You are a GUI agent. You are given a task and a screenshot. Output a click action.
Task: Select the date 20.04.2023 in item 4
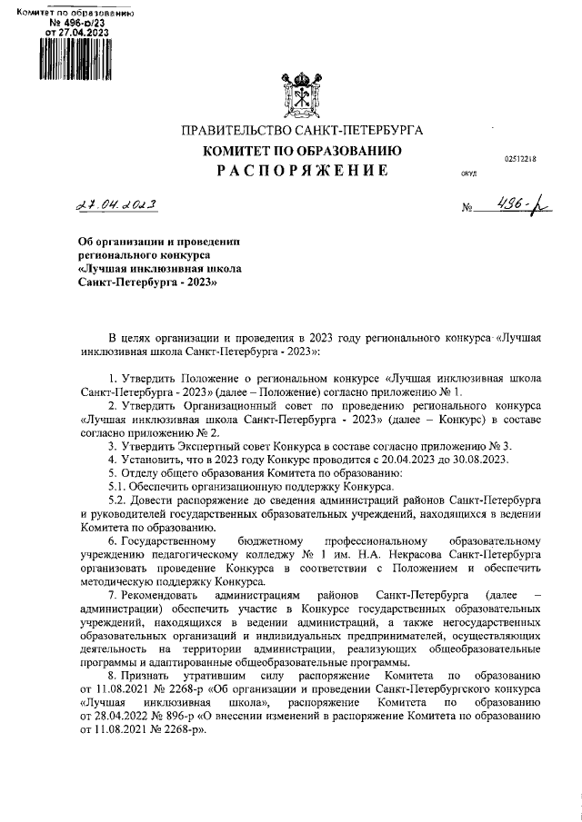tap(389, 459)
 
